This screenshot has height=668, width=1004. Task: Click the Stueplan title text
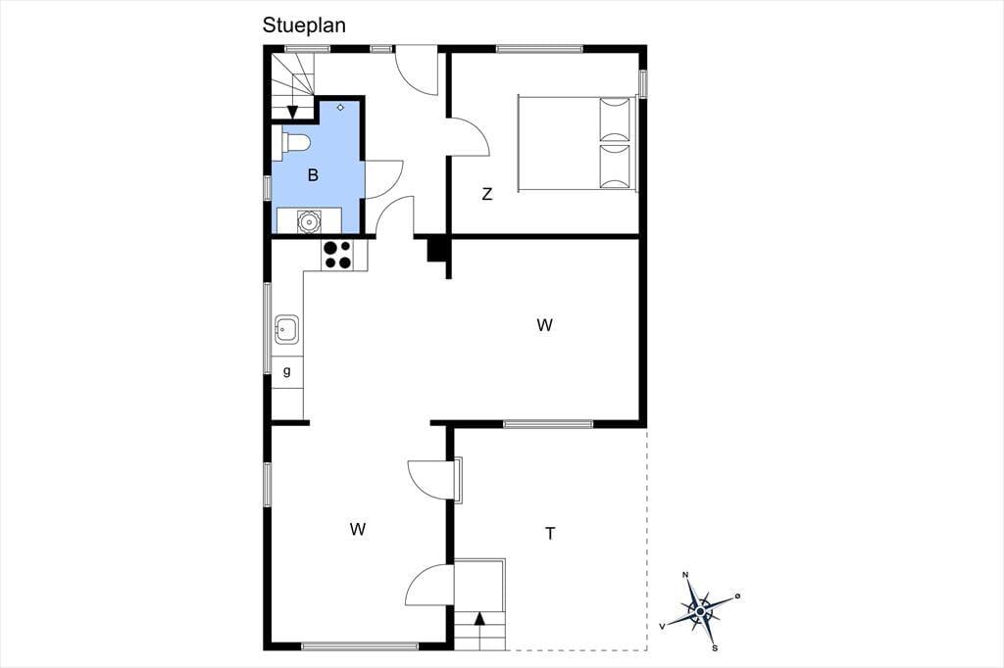[304, 25]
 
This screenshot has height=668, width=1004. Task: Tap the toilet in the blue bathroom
[291, 143]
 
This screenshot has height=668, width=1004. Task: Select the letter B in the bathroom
[313, 175]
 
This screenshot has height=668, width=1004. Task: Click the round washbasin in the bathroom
[309, 221]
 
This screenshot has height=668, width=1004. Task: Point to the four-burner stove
[337, 254]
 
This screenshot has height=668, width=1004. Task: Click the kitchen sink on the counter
[286, 329]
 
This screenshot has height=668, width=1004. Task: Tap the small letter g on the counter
[287, 370]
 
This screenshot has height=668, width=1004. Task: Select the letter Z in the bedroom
[487, 194]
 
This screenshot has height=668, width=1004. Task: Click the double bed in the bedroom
[577, 143]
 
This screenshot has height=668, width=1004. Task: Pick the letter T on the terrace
[550, 533]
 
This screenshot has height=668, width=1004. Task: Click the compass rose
[700, 612]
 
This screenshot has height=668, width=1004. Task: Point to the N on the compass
[685, 575]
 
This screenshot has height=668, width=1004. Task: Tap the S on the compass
[715, 648]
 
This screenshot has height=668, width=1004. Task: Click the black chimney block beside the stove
[436, 248]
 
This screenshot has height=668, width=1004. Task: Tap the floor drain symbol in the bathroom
[340, 108]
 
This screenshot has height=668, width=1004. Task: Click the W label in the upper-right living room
[544, 325]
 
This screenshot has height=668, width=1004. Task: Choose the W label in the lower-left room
[358, 529]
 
